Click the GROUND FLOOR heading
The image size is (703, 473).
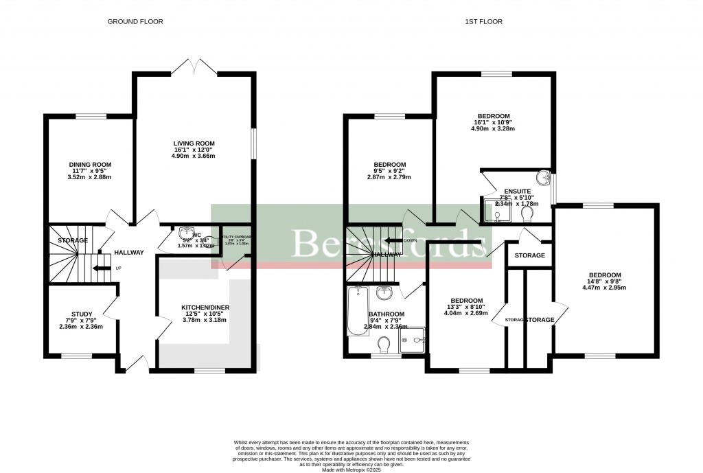[x=135, y=22]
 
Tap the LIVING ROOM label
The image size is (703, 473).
[x=194, y=143]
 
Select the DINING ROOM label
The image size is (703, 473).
[x=90, y=165]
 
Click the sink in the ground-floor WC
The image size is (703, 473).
[x=187, y=233]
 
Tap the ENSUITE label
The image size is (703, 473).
[x=516, y=192]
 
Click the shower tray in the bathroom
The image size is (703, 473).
[x=413, y=340]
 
